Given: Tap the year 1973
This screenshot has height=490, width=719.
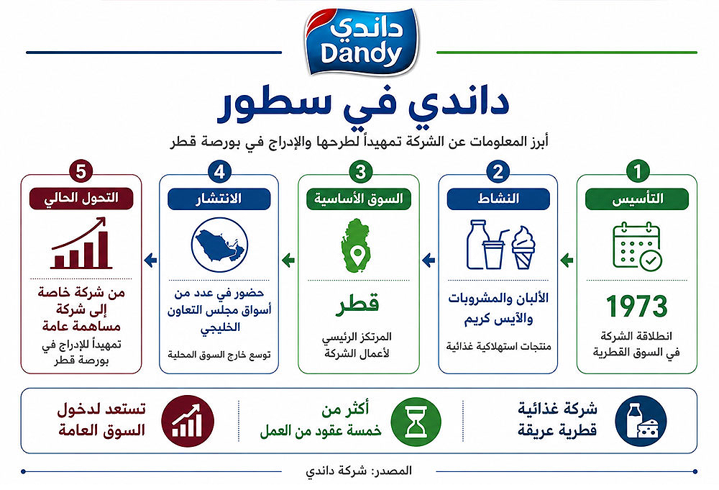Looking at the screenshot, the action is (x=636, y=306).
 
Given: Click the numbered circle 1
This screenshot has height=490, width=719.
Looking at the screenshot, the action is (x=637, y=171).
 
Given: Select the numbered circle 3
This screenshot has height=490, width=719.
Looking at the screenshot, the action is (x=360, y=171).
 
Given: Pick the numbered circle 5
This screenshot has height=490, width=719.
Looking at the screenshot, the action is (x=81, y=171).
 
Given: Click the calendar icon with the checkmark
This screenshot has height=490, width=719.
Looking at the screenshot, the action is (x=637, y=245).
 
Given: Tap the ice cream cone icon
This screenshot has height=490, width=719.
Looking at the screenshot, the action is (x=523, y=248).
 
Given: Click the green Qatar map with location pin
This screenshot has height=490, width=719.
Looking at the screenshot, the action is (x=357, y=245).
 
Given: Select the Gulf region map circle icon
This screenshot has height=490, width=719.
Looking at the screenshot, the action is (x=219, y=245).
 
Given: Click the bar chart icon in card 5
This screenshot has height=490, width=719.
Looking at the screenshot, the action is (x=81, y=244).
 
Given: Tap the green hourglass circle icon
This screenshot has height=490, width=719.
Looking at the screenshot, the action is (x=416, y=421).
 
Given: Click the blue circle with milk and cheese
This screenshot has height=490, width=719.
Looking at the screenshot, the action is (x=640, y=421).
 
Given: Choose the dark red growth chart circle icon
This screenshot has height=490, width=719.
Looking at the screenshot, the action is (x=188, y=421).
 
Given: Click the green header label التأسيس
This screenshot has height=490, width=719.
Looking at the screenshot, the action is (x=637, y=199).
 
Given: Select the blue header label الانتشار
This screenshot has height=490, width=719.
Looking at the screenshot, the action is (x=219, y=199).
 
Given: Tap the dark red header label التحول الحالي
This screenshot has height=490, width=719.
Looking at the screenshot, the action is (x=81, y=199).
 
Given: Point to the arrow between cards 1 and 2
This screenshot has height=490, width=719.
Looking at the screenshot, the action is (x=567, y=260).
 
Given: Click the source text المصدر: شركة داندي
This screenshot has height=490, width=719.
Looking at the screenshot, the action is (x=359, y=471).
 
